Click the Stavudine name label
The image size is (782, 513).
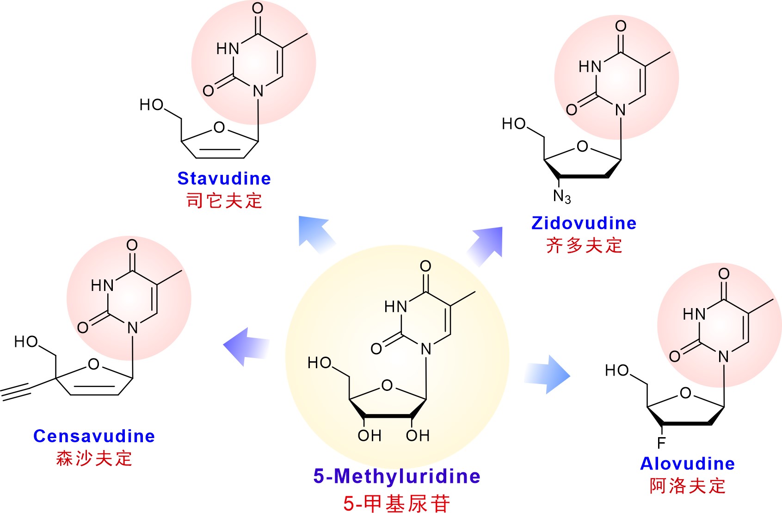pos(224,179)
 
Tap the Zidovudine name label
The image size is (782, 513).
pos(584,223)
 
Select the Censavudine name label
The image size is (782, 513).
pos(94,436)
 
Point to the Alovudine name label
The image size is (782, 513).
pos(687,464)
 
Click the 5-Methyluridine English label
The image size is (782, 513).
pos(397,476)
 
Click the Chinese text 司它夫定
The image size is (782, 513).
pos(224,201)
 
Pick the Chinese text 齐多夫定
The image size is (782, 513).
pos(584,245)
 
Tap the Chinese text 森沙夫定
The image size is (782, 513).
pos(94,458)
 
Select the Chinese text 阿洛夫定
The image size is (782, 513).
pos(687,486)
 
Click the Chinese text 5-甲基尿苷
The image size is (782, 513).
pos(397,503)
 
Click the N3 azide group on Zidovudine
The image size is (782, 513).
pos(562,196)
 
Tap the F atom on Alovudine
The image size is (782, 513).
pos(661,443)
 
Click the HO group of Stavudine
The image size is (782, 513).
pos(152,105)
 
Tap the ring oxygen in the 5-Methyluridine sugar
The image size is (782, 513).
pos(387,385)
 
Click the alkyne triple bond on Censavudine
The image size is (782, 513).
pos(17,391)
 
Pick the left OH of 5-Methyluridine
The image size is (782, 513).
pos(369,435)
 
